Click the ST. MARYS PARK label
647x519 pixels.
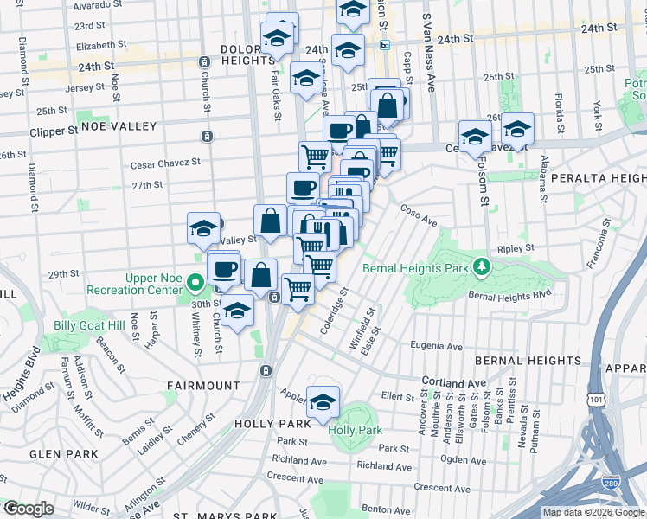tap(211, 516)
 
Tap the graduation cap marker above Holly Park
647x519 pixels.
tap(323, 403)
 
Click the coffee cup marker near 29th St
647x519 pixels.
tap(224, 269)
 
